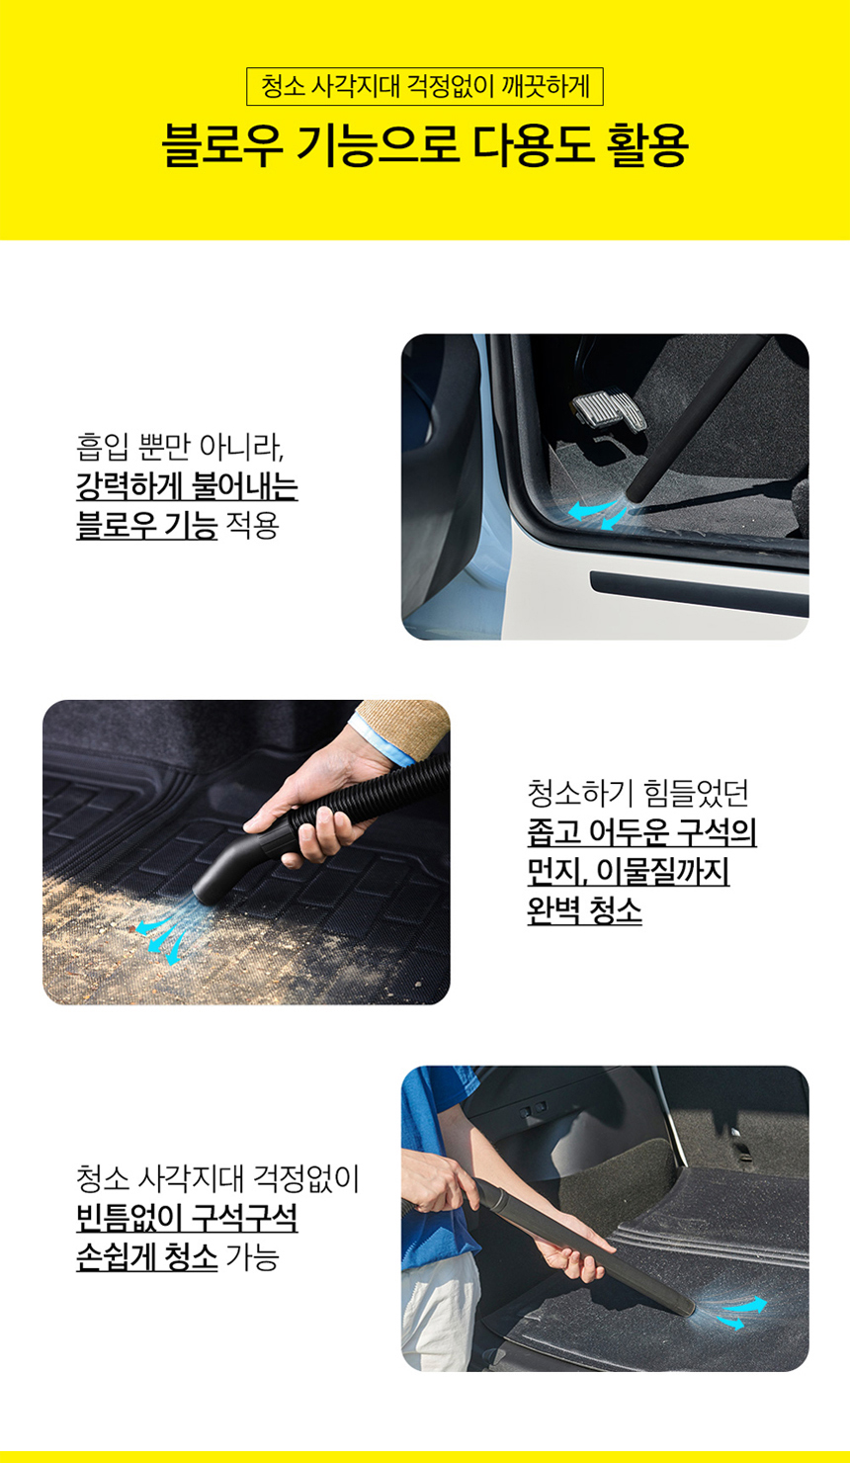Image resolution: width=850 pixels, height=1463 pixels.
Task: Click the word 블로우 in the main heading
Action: click(222, 144)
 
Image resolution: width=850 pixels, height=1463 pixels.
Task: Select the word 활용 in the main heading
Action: click(647, 144)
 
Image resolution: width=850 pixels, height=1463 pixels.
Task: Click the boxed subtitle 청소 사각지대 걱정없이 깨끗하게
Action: click(425, 86)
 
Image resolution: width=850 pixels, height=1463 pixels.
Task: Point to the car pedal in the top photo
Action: click(610, 411)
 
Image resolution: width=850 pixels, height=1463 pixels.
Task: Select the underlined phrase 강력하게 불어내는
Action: click(188, 485)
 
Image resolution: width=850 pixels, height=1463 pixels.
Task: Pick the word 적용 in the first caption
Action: click(252, 525)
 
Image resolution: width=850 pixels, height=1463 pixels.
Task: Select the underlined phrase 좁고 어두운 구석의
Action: click(642, 832)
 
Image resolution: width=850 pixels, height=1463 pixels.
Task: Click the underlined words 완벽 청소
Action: click(584, 909)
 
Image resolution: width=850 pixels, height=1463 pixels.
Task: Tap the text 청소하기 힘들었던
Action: click(637, 793)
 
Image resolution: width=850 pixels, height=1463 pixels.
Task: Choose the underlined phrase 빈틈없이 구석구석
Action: click(188, 1218)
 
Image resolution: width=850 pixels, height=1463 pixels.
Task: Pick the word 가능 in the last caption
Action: click(252, 1256)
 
